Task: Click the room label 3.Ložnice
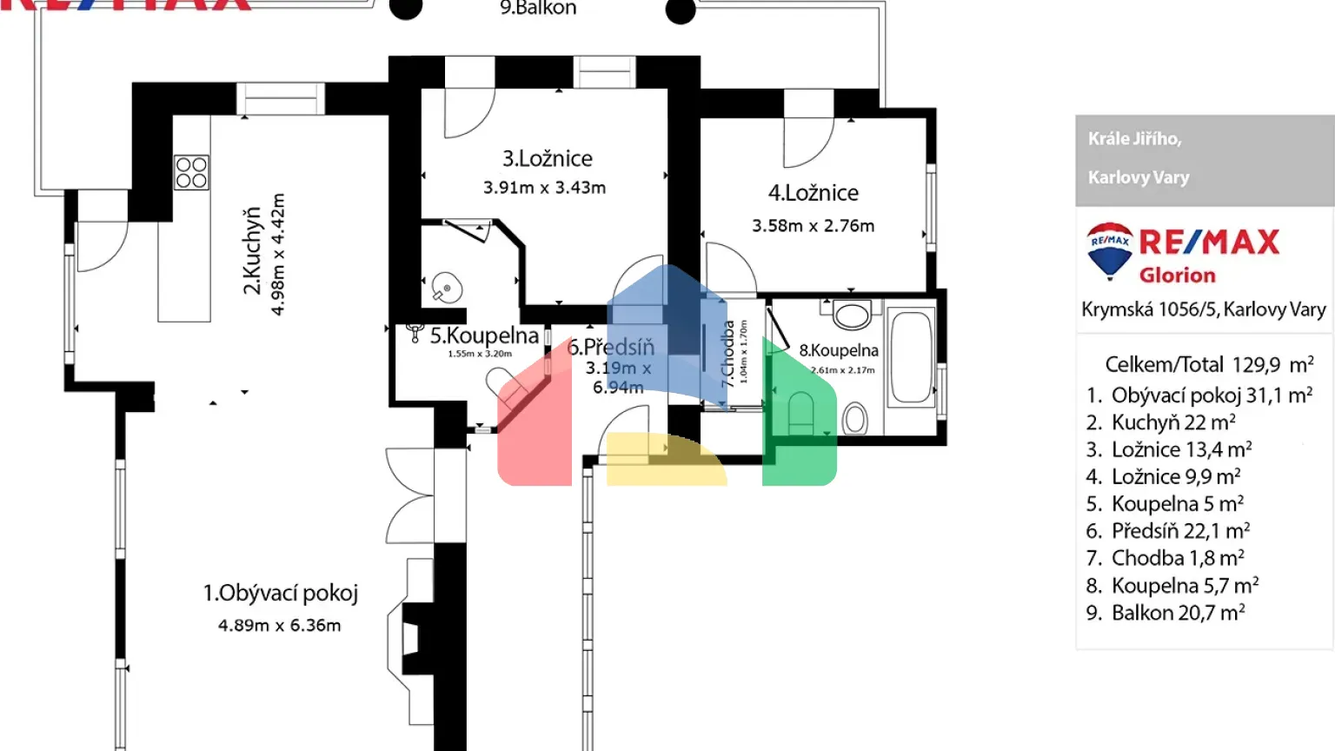(x=547, y=159)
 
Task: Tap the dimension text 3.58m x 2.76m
(x=813, y=226)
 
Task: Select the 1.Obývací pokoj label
(x=280, y=594)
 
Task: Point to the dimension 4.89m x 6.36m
(x=279, y=626)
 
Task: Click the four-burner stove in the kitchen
(x=191, y=173)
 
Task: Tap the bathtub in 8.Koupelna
(x=912, y=357)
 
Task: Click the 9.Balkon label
(x=538, y=9)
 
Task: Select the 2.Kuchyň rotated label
(x=251, y=250)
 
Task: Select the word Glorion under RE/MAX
(x=1177, y=276)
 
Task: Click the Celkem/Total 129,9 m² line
(x=1208, y=364)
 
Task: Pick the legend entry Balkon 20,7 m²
(x=1166, y=613)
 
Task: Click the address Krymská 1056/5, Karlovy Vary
(x=1204, y=309)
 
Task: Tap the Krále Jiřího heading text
(x=1134, y=139)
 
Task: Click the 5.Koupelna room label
(x=484, y=336)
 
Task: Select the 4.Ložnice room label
(x=813, y=193)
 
